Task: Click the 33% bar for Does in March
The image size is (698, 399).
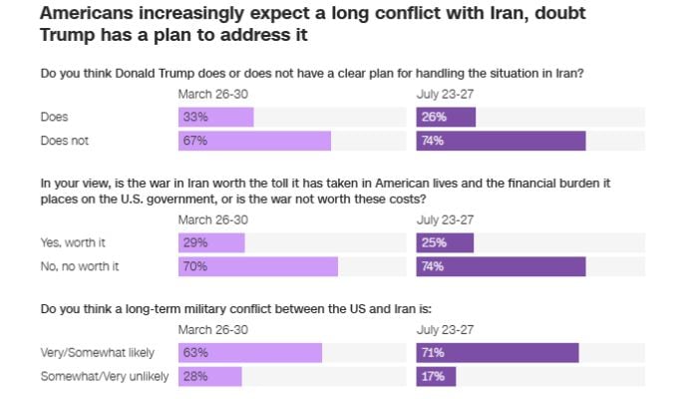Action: click(216, 117)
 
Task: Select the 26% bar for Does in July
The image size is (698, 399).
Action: click(446, 117)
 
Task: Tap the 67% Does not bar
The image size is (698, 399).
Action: click(254, 141)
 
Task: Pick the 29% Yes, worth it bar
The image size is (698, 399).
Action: click(211, 242)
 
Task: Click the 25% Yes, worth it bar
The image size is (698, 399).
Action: click(445, 242)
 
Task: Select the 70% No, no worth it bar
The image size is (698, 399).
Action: click(258, 266)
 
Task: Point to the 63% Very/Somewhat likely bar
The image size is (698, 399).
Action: click(250, 353)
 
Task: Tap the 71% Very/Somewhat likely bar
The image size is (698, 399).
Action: click(498, 353)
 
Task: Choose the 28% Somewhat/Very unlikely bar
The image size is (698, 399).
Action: click(210, 376)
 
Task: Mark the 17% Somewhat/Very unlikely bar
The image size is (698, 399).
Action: click(436, 376)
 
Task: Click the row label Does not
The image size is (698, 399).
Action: click(65, 141)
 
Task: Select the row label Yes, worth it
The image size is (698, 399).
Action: click(73, 243)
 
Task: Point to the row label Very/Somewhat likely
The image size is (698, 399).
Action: click(98, 353)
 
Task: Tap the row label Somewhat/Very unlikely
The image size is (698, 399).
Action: click(105, 376)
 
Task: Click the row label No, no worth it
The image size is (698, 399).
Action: click(80, 266)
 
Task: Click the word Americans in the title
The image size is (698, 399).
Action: click(87, 13)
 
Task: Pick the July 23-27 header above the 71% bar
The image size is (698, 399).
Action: click(445, 330)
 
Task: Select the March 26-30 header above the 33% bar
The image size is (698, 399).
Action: click(213, 95)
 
